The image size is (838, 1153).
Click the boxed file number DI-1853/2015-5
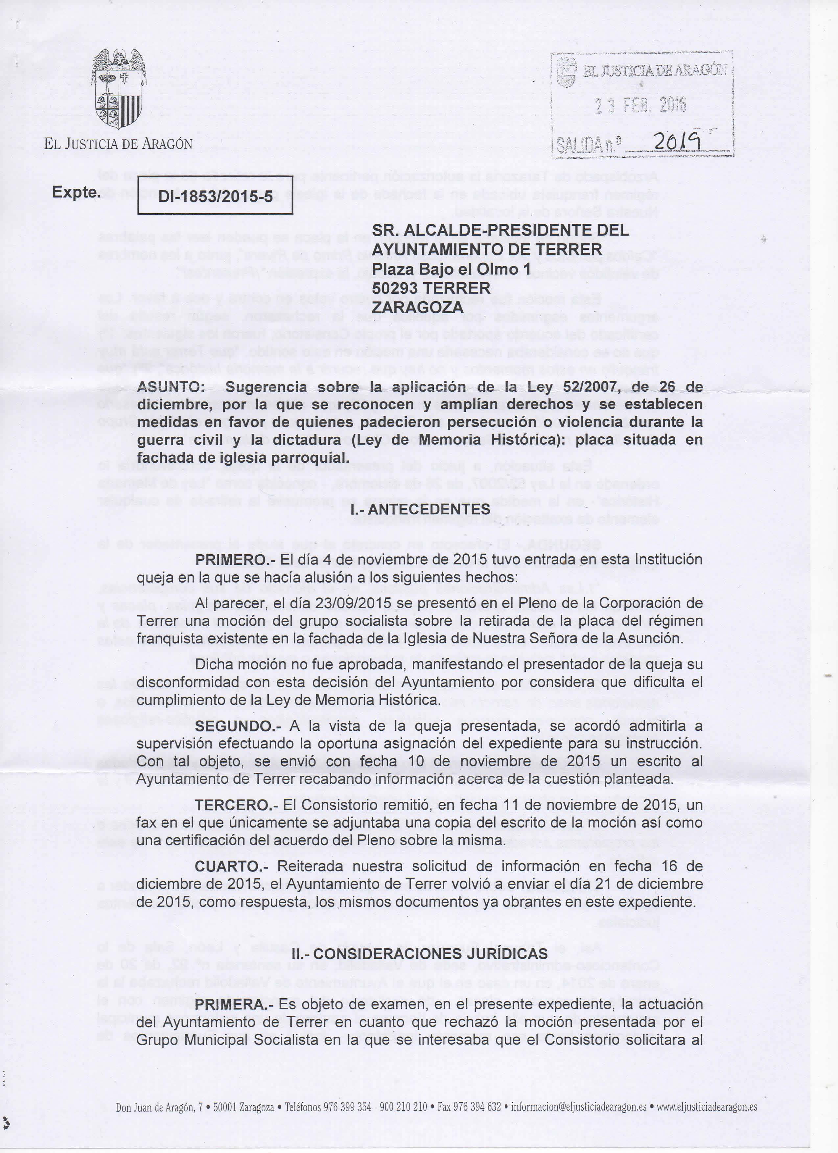click(x=215, y=198)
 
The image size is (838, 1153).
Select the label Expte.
click(x=76, y=193)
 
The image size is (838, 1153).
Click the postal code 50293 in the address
click(x=396, y=288)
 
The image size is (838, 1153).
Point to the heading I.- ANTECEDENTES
click(x=421, y=509)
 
